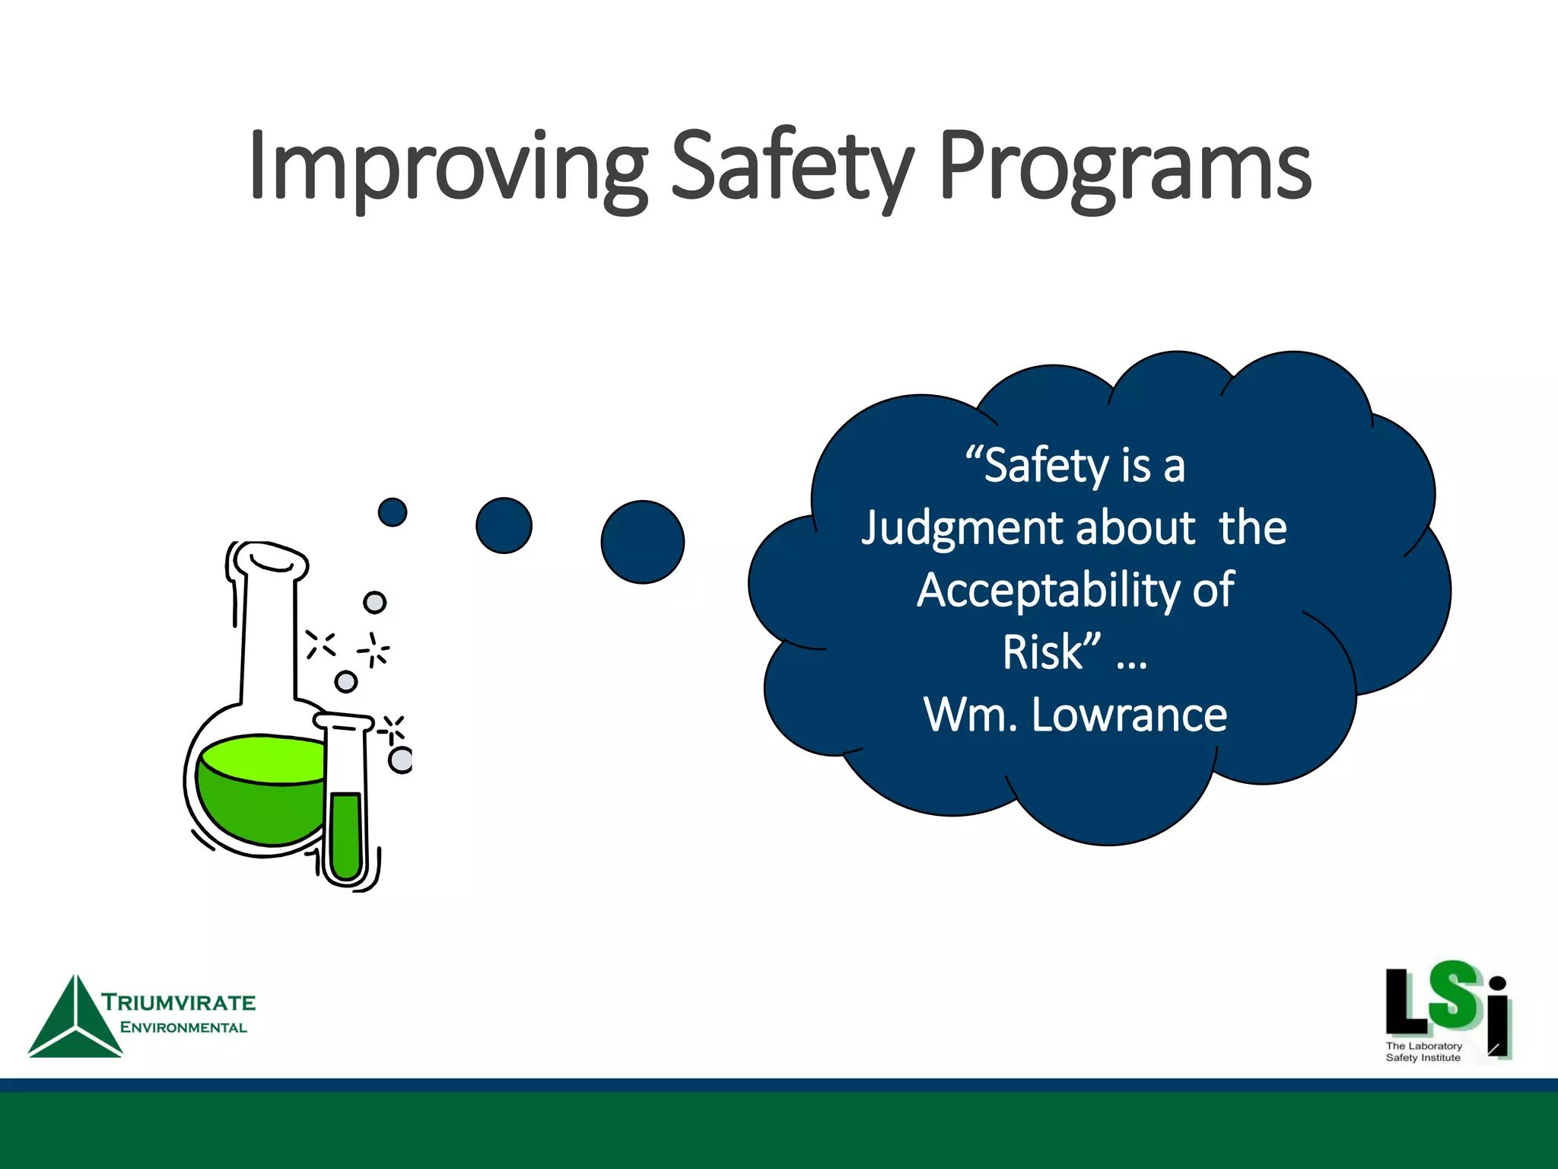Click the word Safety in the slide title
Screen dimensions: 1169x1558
pyautogui.click(x=791, y=167)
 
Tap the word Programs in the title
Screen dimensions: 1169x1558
pyautogui.click(x=1124, y=167)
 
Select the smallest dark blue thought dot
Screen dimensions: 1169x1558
pyautogui.click(x=393, y=512)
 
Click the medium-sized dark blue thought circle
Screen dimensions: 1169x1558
pyautogui.click(x=504, y=525)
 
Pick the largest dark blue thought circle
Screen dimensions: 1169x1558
pyautogui.click(x=643, y=542)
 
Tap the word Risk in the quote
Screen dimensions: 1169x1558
pyautogui.click(x=1042, y=652)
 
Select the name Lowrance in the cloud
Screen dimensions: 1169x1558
pyautogui.click(x=1129, y=715)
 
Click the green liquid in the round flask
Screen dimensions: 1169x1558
pyautogui.click(x=259, y=799)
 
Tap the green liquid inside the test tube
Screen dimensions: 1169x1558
pyautogui.click(x=346, y=833)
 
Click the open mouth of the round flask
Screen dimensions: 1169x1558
pyautogui.click(x=270, y=560)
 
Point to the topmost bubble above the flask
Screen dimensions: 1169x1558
pyautogui.click(x=374, y=603)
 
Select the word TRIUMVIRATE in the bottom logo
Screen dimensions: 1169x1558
pyautogui.click(x=179, y=1002)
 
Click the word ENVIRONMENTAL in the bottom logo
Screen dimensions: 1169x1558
pyautogui.click(x=183, y=1027)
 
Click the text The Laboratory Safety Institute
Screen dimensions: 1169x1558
pyautogui.click(x=1423, y=1052)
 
